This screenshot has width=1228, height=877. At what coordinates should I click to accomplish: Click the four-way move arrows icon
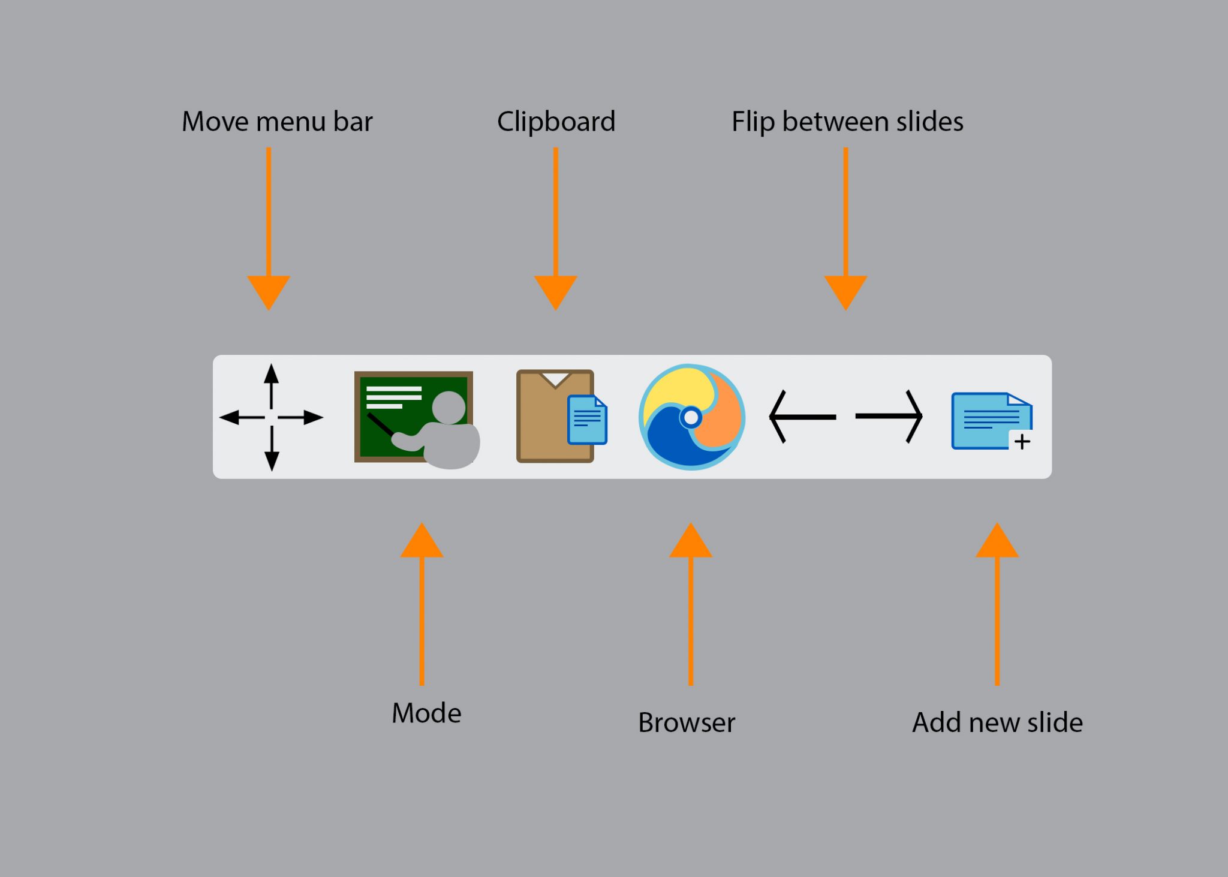tap(271, 417)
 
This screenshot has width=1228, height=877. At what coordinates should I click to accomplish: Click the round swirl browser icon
tap(691, 417)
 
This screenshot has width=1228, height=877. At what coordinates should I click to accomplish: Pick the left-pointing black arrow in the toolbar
tap(802, 417)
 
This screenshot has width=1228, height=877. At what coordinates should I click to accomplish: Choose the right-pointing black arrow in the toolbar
tap(889, 416)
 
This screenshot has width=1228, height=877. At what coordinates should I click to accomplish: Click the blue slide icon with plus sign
tap(991, 421)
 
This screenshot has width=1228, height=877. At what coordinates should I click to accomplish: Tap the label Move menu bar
tap(277, 122)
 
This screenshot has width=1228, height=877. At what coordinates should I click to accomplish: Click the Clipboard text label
tap(556, 122)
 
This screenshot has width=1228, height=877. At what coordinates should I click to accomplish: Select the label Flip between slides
tap(847, 122)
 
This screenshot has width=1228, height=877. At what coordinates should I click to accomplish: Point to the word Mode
tap(426, 713)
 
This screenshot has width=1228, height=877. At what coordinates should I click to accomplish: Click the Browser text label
tap(687, 722)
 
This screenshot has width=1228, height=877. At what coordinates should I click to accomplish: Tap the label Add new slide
tap(997, 722)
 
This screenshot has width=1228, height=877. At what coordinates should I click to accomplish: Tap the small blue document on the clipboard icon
tap(588, 420)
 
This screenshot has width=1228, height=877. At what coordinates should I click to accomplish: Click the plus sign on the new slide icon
tap(1022, 442)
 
